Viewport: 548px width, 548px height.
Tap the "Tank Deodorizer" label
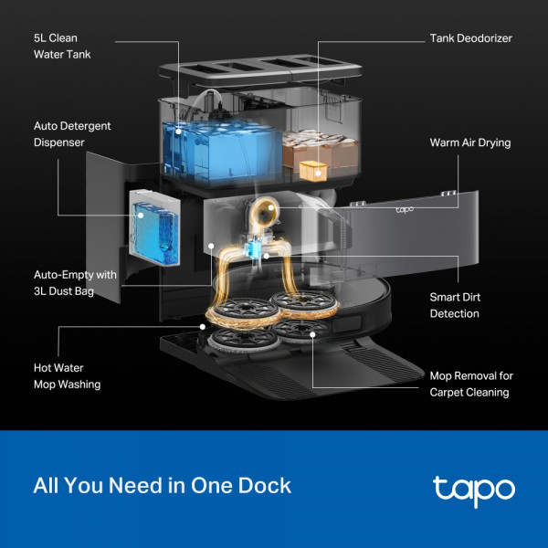pos(470,38)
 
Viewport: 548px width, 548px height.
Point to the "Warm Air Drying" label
pos(470,143)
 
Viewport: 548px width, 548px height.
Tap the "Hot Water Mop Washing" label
pos(67,375)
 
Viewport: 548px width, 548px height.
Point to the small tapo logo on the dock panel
pos(406,209)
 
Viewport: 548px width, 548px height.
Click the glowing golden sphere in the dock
pos(264,214)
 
